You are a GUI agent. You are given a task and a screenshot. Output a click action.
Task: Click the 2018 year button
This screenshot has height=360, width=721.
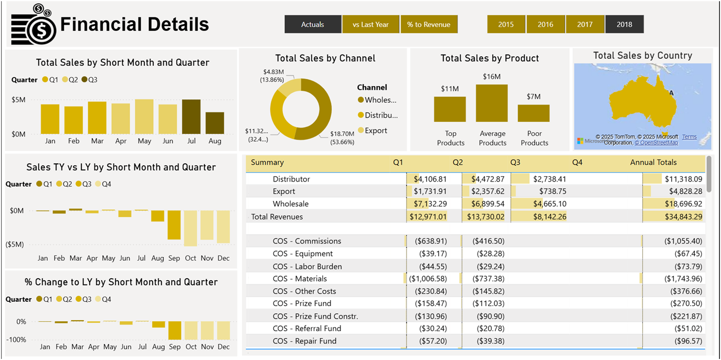tap(624, 25)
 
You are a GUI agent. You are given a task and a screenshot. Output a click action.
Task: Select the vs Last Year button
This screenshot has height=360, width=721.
tap(370, 25)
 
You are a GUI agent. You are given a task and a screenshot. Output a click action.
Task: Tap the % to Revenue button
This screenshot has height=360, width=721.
tap(429, 25)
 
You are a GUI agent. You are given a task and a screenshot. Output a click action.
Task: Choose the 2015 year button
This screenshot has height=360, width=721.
tap(506, 25)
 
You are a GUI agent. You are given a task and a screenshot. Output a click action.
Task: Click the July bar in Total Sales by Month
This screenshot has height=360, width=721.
tap(191, 117)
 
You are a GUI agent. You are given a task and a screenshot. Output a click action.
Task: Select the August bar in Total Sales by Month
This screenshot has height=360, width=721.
tap(215, 123)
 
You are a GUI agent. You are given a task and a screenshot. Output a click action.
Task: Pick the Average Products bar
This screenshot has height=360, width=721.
tap(492, 103)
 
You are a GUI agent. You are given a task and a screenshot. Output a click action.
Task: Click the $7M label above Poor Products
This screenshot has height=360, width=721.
tap(533, 97)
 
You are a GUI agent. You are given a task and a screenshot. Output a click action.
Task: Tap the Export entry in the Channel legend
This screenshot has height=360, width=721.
tap(376, 131)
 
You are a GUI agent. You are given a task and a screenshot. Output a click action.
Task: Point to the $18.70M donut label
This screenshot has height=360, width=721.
tap(342, 134)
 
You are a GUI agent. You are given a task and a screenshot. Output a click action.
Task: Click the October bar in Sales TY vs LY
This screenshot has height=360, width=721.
tap(190, 228)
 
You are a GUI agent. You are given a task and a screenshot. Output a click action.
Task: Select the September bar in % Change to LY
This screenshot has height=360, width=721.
tap(174, 331)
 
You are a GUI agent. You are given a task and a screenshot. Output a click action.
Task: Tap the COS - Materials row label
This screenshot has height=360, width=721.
tap(300, 279)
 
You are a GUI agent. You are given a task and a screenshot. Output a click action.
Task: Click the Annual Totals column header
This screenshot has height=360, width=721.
tap(653, 163)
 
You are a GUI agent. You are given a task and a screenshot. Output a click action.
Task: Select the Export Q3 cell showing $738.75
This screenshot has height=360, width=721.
tap(550, 192)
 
